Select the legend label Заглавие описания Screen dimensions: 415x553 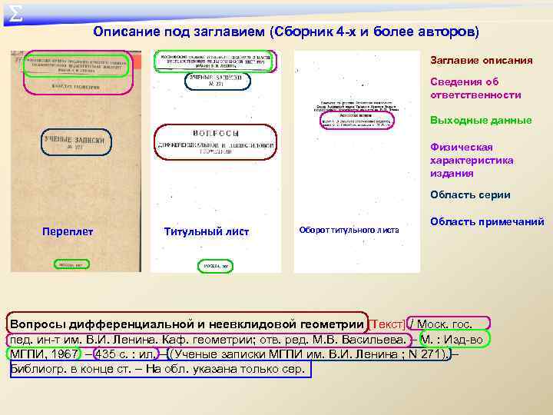point(481,61)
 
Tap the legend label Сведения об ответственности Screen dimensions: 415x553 point(475,88)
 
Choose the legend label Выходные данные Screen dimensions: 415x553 point(481,120)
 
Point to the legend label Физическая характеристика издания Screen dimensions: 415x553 point(472,160)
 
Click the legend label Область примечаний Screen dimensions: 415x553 point(487,221)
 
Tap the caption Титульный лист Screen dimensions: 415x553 point(207,231)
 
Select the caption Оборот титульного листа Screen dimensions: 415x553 point(349,230)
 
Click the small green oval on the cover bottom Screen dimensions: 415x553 point(71,264)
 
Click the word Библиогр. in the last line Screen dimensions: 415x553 point(41,370)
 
